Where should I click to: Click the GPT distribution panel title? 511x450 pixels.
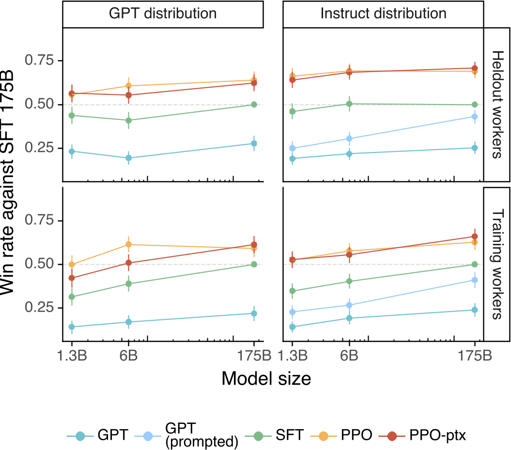point(163,14)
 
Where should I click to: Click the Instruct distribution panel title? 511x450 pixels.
point(383,14)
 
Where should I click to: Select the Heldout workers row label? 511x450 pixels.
point(497,105)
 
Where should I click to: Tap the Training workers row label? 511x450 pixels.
point(497,264)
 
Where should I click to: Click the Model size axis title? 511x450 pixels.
point(266,379)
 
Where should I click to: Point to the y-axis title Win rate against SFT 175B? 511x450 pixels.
point(7,183)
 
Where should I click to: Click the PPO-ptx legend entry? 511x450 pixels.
point(423,435)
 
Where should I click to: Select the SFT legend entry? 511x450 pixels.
point(274,435)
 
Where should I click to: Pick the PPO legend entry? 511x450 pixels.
point(341,435)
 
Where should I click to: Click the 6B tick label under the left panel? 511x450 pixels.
point(128,356)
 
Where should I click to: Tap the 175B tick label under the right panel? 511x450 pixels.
point(475,356)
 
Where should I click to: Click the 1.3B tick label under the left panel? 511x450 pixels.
point(72,356)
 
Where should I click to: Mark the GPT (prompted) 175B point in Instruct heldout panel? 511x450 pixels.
point(475,117)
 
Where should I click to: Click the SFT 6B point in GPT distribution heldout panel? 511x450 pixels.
point(128,120)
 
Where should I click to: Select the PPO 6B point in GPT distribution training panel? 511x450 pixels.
point(128,244)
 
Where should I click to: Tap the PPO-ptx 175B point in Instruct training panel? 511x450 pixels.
point(475,237)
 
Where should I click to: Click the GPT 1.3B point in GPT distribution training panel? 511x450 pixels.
point(72,327)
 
